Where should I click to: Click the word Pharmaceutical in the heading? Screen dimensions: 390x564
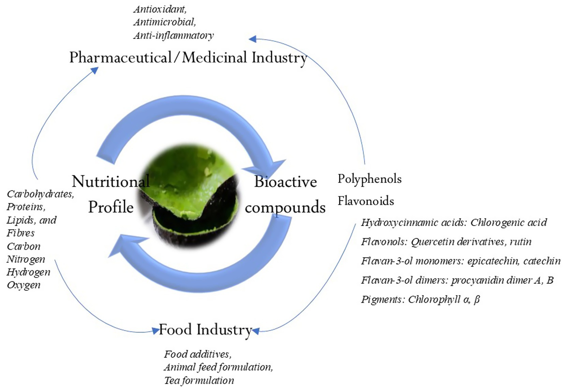[120, 57]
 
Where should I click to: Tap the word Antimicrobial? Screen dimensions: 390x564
[164, 22]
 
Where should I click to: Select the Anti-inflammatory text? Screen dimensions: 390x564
[173, 35]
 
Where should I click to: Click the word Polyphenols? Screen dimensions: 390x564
[369, 179]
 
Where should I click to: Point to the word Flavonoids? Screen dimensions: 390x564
[366, 201]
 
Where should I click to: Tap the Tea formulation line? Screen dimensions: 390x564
[199, 380]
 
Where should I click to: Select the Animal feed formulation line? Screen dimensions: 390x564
[218, 367]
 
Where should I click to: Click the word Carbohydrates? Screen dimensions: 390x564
[40, 194]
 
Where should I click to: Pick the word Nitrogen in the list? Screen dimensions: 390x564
[26, 259]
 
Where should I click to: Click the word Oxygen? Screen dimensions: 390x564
[23, 285]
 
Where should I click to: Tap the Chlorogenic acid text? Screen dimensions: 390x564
[508, 223]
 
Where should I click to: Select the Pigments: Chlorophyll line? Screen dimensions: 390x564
[420, 299]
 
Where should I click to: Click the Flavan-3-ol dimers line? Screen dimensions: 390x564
[457, 280]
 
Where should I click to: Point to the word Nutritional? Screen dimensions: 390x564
[110, 181]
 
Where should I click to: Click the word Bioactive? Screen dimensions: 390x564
[285, 181]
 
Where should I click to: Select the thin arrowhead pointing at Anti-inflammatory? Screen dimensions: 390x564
[253, 39]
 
